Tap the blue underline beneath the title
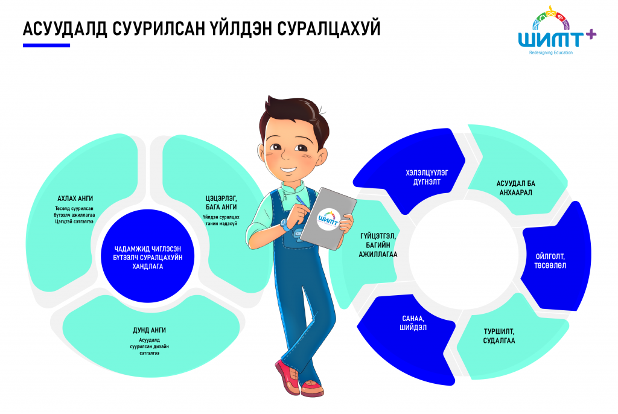pyautogui.click(x=46, y=45)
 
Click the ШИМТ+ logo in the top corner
pyautogui.click(x=556, y=30)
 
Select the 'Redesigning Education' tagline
pyautogui.click(x=550, y=53)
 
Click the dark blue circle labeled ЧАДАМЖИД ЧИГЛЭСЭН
pyautogui.click(x=147, y=256)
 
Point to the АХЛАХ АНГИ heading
pyautogui.click(x=75, y=199)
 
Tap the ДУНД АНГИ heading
pyautogui.click(x=150, y=330)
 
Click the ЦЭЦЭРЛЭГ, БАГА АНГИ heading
pyautogui.click(x=221, y=203)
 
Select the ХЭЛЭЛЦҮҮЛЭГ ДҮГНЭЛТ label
pyautogui.click(x=427, y=177)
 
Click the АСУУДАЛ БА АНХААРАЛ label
pyautogui.click(x=515, y=188)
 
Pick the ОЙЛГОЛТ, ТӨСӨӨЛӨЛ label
pyautogui.click(x=550, y=261)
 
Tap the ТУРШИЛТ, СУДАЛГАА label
pyautogui.click(x=499, y=336)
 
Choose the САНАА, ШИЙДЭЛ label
pyautogui.click(x=413, y=323)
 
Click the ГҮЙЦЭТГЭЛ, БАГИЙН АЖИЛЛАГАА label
pyautogui.click(x=378, y=245)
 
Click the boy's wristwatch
pyautogui.click(x=285, y=225)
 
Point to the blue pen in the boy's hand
pyautogui.click(x=301, y=200)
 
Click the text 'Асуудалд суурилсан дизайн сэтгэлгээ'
pyautogui.click(x=150, y=346)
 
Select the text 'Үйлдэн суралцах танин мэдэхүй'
pyautogui.click(x=221, y=220)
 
